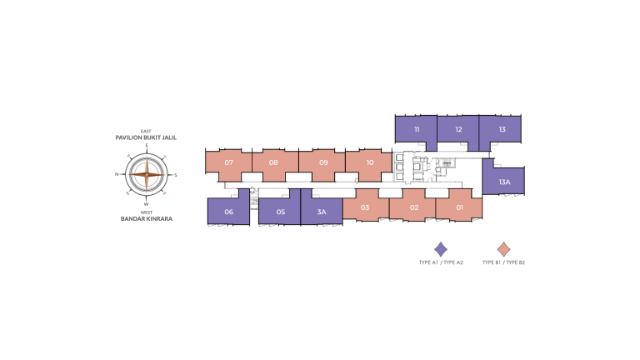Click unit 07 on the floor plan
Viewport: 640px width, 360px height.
point(228,162)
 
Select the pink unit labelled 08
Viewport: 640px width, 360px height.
point(273,162)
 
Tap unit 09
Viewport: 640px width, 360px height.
point(323,162)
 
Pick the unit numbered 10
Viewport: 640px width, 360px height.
point(369,162)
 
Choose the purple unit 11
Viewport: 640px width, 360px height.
point(416,129)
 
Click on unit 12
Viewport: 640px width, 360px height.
point(458,129)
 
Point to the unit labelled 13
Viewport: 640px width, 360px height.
point(502,129)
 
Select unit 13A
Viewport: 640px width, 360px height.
point(504,181)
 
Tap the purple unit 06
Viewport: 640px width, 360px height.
point(228,212)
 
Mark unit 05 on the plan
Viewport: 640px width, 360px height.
point(280,212)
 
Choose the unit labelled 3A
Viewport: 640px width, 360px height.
point(322,212)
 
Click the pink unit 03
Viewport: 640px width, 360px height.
point(365,207)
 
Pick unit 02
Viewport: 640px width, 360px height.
point(413,207)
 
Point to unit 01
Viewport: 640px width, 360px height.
point(459,207)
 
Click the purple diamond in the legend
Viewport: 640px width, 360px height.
point(441,249)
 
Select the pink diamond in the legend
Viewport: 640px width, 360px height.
point(503,249)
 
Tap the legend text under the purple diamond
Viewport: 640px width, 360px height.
point(441,262)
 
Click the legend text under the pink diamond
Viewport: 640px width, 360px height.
point(503,262)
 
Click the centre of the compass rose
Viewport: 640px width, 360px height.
point(147,175)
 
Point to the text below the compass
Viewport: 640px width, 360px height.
point(147,218)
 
